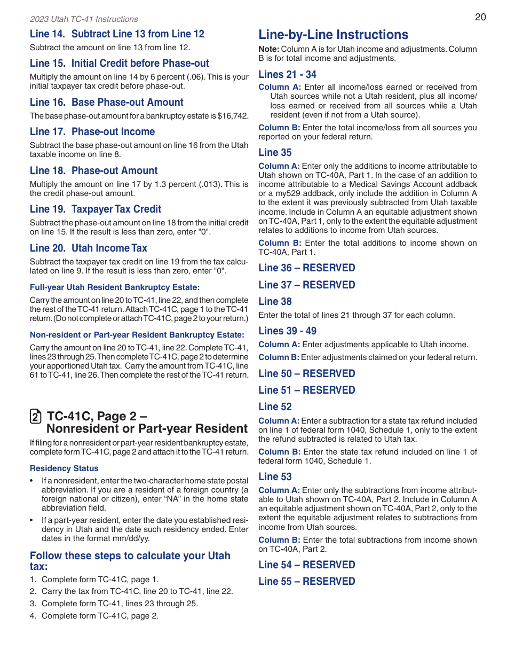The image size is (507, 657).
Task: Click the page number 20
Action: tap(480, 17)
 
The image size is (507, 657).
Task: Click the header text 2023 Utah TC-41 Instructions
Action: tap(84, 19)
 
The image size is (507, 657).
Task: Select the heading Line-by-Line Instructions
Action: tap(334, 35)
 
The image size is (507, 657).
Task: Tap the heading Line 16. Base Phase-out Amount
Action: tap(107, 102)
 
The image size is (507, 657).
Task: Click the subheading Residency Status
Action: tap(64, 468)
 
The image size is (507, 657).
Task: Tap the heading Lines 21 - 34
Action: tap(287, 74)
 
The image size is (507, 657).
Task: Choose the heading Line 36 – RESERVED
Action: tap(307, 268)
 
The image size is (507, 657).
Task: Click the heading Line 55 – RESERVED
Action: tap(307, 581)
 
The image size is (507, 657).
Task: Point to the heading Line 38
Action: tap(275, 301)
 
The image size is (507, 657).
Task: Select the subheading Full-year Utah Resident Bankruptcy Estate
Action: tap(115, 287)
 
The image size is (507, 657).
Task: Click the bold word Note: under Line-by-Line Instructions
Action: tap(269, 49)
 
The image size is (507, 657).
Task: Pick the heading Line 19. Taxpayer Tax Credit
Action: tap(96, 209)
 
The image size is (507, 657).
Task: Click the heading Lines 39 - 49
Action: tap(287, 331)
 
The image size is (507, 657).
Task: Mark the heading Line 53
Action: tap(275, 476)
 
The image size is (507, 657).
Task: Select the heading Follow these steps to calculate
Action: tap(130, 556)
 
